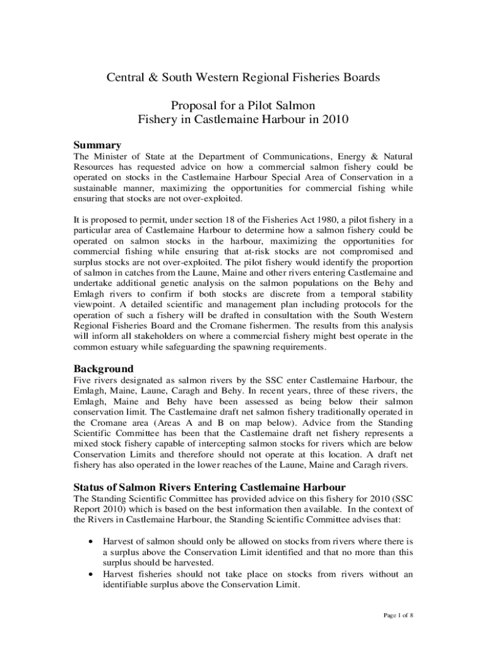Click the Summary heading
coord(97,145)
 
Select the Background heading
coord(104,368)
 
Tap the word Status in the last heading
coord(91,487)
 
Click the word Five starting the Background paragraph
coord(85,380)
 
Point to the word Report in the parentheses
coord(90,509)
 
